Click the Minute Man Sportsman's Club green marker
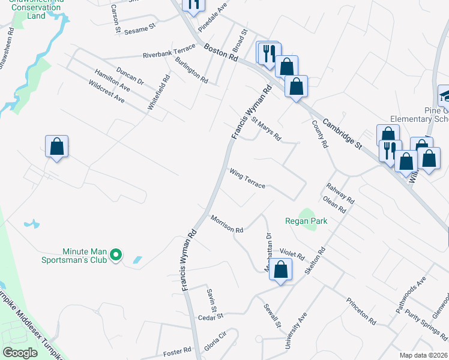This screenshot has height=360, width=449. tap(118, 256)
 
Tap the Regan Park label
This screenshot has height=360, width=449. tap(306, 221)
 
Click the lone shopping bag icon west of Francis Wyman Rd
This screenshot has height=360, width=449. tap(56, 146)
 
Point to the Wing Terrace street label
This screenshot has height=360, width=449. tap(247, 178)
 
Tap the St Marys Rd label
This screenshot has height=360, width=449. tap(266, 129)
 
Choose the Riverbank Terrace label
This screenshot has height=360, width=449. tap(169, 55)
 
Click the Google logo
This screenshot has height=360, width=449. tap(20, 352)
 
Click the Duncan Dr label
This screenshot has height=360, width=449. tap(130, 76)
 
